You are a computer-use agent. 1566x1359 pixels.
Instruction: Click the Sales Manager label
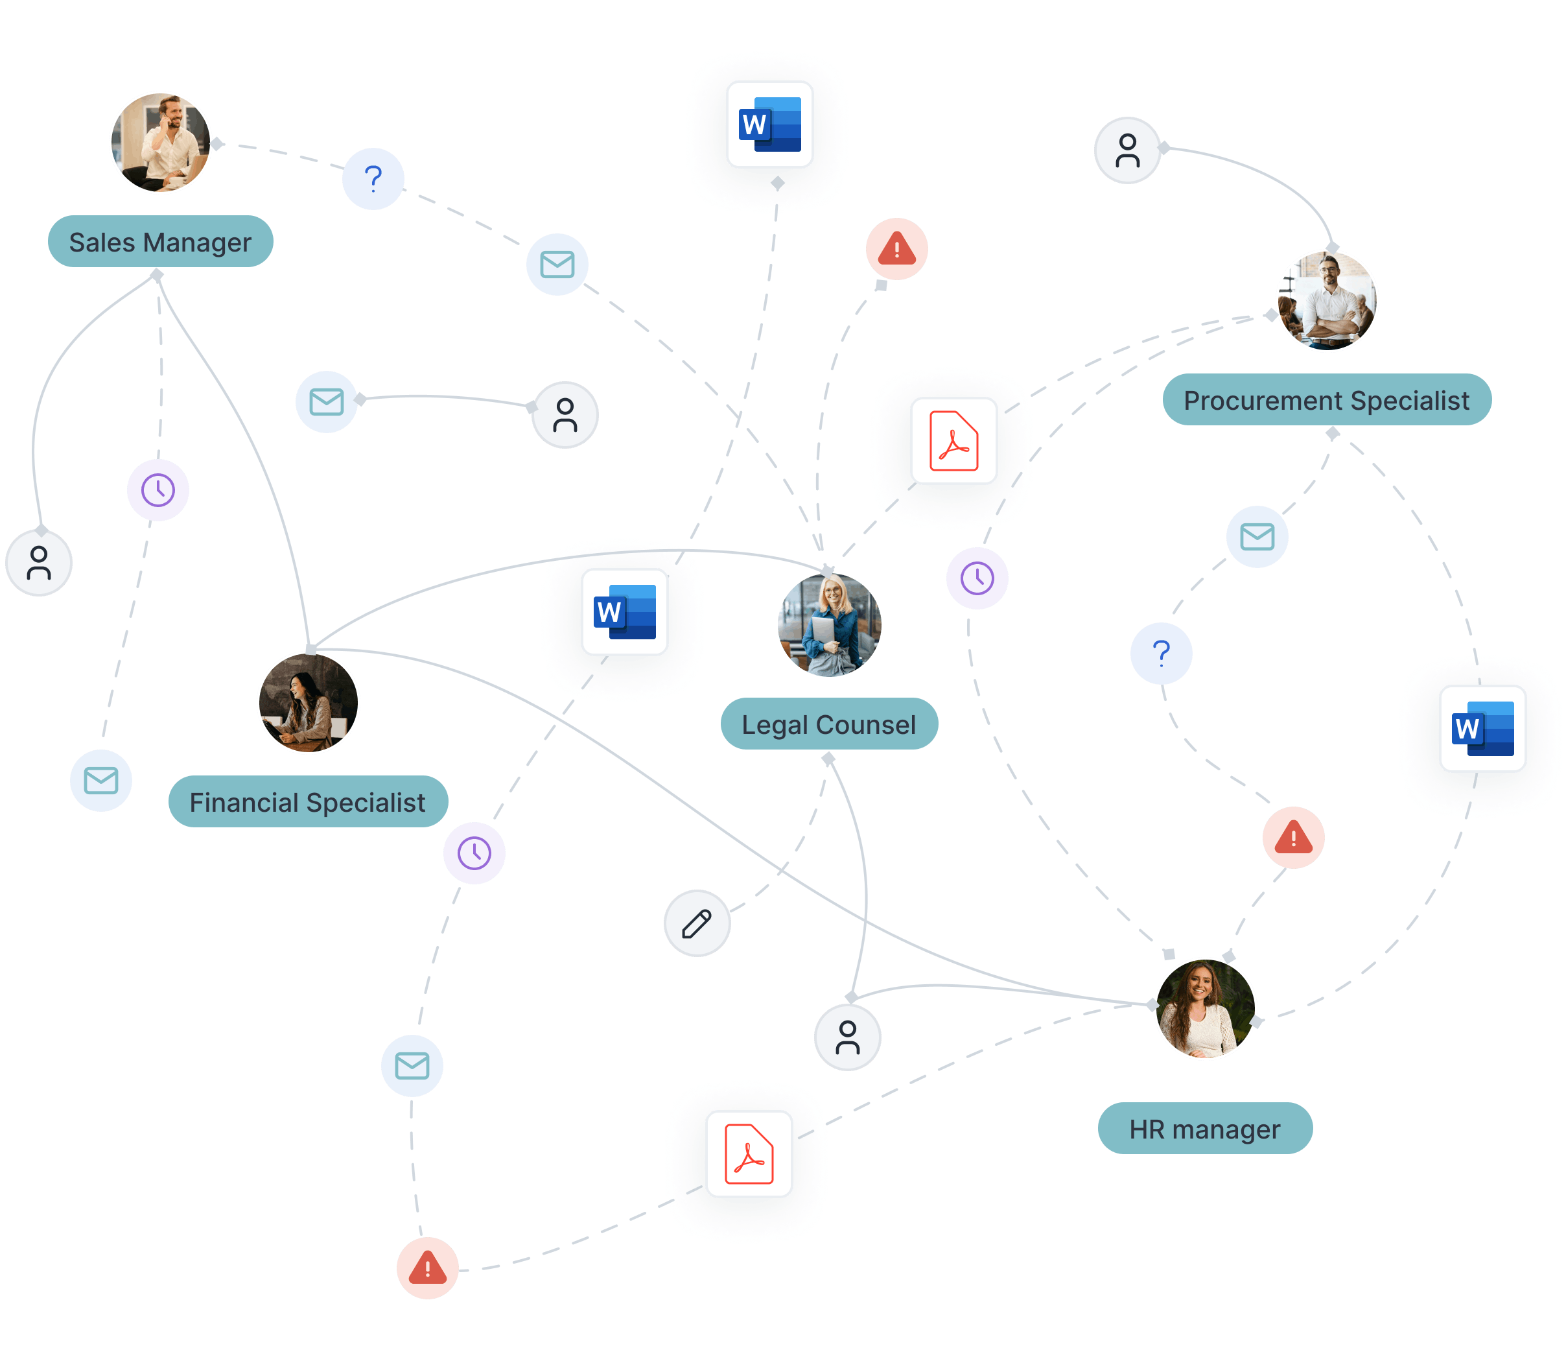click(x=160, y=242)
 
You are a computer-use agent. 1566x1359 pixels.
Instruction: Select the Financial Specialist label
click(x=307, y=801)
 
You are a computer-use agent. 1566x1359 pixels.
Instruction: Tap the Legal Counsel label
click(x=828, y=724)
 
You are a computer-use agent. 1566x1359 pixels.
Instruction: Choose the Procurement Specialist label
click(x=1326, y=399)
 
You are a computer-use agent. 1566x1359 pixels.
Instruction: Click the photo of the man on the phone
click(x=161, y=143)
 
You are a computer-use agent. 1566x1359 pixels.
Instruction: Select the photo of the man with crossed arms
click(x=1327, y=300)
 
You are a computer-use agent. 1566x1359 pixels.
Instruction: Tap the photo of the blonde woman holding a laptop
click(x=829, y=625)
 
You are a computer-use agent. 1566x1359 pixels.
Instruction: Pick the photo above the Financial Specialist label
click(x=309, y=703)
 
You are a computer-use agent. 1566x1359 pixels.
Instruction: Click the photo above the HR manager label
click(x=1205, y=1009)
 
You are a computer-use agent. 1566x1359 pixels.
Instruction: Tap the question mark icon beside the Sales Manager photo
click(x=373, y=179)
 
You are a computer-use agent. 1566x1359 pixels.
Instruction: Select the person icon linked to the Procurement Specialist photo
click(x=1127, y=150)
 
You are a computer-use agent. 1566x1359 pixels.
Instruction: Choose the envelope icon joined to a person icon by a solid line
click(x=327, y=402)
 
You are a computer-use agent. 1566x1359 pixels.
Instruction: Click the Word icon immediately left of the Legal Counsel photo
click(x=624, y=612)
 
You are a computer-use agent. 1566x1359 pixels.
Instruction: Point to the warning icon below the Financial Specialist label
click(x=428, y=1268)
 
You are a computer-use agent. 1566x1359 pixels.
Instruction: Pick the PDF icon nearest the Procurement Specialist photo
click(x=953, y=441)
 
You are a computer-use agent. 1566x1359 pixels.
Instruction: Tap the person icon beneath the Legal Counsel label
click(x=847, y=1037)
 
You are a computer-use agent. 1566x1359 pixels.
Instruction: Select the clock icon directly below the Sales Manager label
click(x=158, y=490)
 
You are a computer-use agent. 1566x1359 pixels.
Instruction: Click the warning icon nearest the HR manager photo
click(x=1293, y=838)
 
